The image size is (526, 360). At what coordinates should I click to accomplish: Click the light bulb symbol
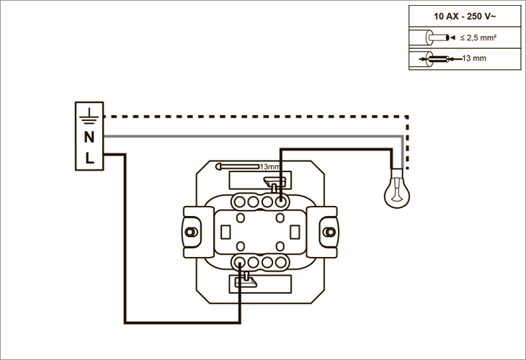(397, 189)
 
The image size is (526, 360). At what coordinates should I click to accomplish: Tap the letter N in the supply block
(89, 137)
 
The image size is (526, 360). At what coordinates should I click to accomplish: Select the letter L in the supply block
(89, 158)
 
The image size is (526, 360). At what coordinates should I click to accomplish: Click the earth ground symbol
(89, 116)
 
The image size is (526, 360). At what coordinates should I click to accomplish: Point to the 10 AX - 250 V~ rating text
(465, 16)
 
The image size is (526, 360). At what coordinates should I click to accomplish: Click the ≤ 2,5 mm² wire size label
(478, 38)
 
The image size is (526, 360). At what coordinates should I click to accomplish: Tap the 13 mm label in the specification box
(474, 58)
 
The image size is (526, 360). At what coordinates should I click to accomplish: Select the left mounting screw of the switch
(191, 232)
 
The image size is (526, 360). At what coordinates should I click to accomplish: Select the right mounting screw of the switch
(329, 232)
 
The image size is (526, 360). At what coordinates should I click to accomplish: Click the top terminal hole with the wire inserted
(281, 202)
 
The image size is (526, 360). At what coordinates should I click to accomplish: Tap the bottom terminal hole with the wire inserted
(239, 262)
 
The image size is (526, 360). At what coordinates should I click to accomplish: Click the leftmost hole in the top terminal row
(239, 202)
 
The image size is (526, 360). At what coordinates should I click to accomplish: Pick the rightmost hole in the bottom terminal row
(281, 262)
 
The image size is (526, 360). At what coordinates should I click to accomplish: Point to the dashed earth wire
(406, 117)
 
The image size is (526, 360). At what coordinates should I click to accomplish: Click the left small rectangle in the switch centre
(226, 232)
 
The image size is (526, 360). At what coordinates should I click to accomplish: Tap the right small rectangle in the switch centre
(295, 232)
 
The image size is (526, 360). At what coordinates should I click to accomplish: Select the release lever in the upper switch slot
(275, 184)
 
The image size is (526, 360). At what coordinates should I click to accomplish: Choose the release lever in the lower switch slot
(246, 281)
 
